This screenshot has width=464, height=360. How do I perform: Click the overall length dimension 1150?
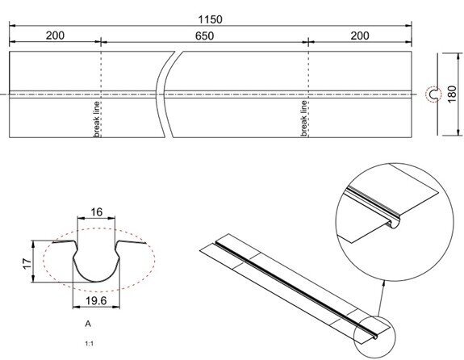pos(211,19)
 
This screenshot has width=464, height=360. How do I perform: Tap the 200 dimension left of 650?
pos(55,36)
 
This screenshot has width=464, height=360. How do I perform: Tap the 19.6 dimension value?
pos(96,299)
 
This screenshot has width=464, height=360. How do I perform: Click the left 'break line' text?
pos(96,118)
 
